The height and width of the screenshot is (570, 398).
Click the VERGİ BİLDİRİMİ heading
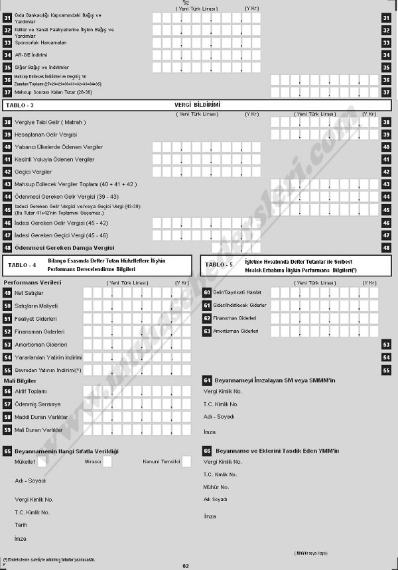pos(197,105)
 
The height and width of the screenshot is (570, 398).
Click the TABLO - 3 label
pos(20,105)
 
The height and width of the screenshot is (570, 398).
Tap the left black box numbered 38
pos(7,122)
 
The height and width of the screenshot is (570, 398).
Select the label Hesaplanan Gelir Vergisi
pos(46,135)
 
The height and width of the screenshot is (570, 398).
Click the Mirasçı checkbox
pos(107,462)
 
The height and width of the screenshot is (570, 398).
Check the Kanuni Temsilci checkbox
pos(186,462)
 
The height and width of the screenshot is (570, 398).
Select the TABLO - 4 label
pos(22,265)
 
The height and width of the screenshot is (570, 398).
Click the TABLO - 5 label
pos(219,265)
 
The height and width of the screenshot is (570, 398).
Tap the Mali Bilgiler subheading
pos(20,381)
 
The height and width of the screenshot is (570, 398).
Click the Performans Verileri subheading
pos(33,282)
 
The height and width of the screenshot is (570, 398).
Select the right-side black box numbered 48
pos(386,247)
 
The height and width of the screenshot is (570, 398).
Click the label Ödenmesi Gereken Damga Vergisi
pos(60,247)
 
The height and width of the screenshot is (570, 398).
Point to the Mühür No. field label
pos(216,486)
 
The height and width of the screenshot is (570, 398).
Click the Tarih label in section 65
pos(21,524)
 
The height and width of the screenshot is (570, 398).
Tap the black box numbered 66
pos(206,451)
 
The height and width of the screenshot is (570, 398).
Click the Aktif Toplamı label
pos(31,392)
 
